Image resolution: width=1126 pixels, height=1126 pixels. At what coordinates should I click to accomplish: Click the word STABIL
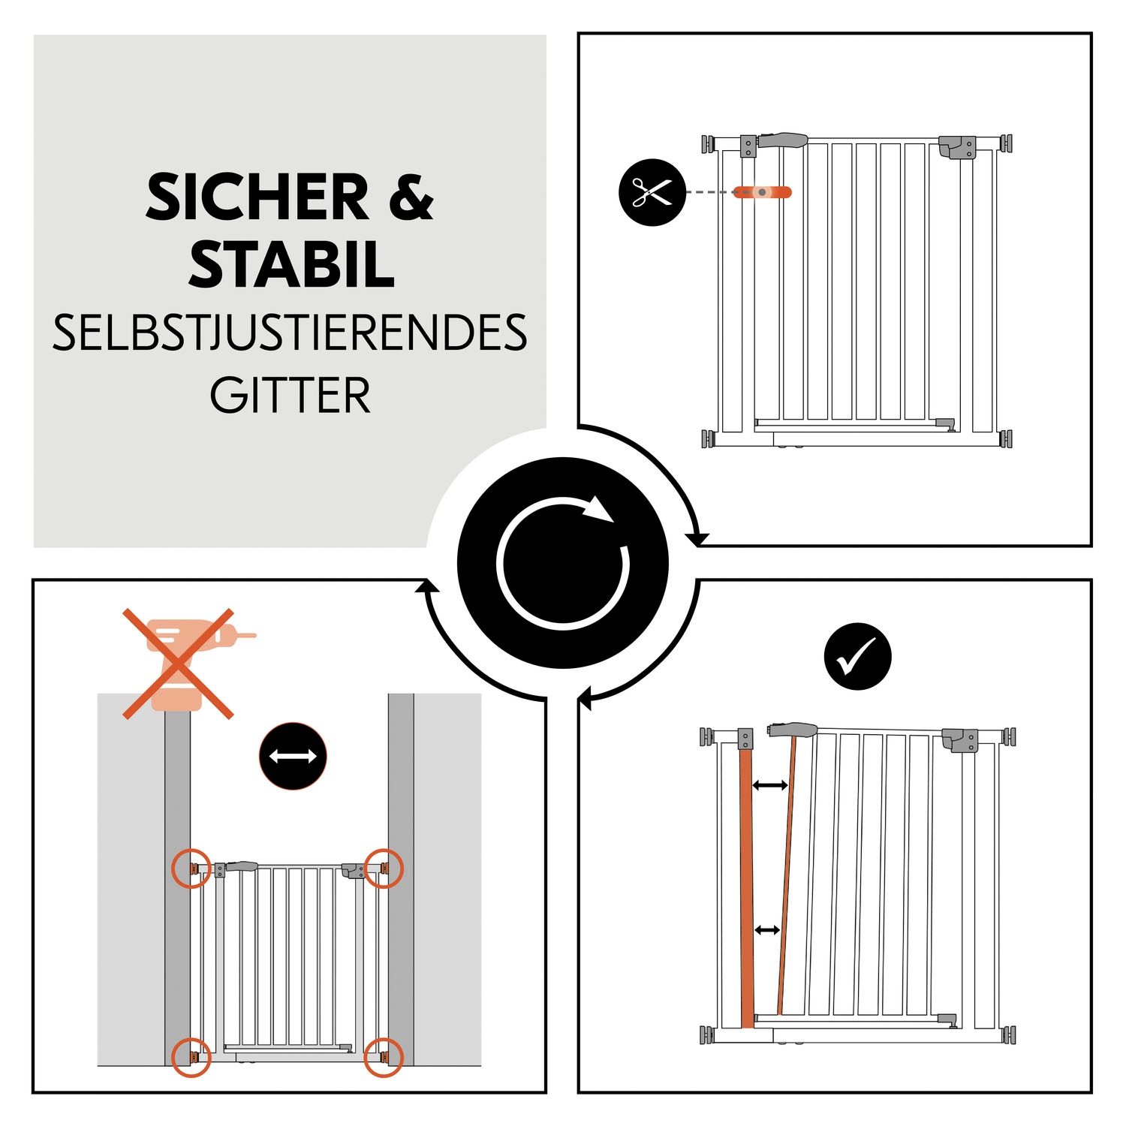(x=291, y=265)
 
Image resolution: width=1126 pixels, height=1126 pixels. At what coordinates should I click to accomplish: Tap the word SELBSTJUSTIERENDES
(x=290, y=333)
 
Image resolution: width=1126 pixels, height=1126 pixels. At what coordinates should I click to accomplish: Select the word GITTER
(x=290, y=396)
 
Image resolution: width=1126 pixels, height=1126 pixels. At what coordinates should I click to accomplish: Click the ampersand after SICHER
(x=411, y=197)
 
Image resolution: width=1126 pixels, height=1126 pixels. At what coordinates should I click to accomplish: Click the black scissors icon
(x=652, y=192)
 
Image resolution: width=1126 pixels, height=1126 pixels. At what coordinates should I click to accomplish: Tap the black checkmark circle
(x=857, y=656)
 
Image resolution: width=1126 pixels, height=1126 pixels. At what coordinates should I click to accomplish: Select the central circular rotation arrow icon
(x=562, y=562)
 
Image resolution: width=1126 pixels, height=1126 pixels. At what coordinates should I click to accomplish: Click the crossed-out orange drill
(x=180, y=664)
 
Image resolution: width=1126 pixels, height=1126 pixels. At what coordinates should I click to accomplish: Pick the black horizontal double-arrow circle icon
(x=293, y=756)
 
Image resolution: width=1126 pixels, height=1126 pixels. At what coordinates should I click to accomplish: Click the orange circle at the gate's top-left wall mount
(x=191, y=869)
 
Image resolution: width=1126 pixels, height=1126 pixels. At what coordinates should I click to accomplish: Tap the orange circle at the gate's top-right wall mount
(x=384, y=869)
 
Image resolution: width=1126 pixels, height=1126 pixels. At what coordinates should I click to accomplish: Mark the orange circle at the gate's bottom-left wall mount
(x=191, y=1057)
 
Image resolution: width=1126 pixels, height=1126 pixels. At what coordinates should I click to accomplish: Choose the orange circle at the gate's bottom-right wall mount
(x=384, y=1057)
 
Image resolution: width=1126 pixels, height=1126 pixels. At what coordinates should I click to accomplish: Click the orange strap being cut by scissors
(x=762, y=192)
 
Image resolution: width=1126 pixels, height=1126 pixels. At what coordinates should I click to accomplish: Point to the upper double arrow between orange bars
(x=769, y=785)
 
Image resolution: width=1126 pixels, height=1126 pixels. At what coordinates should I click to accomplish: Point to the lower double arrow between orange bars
(x=766, y=930)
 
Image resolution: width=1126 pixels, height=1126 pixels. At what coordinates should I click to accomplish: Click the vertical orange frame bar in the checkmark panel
(x=746, y=886)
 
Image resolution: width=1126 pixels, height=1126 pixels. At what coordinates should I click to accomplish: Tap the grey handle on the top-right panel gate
(x=783, y=140)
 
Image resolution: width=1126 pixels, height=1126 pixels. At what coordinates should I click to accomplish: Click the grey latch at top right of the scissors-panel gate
(x=957, y=147)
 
